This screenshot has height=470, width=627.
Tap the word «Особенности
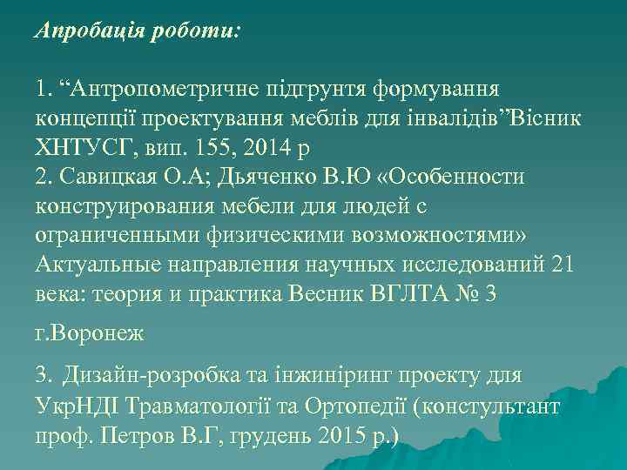(455, 177)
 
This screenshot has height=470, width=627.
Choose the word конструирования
(119, 206)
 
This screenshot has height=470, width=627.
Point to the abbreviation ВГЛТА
(408, 295)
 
